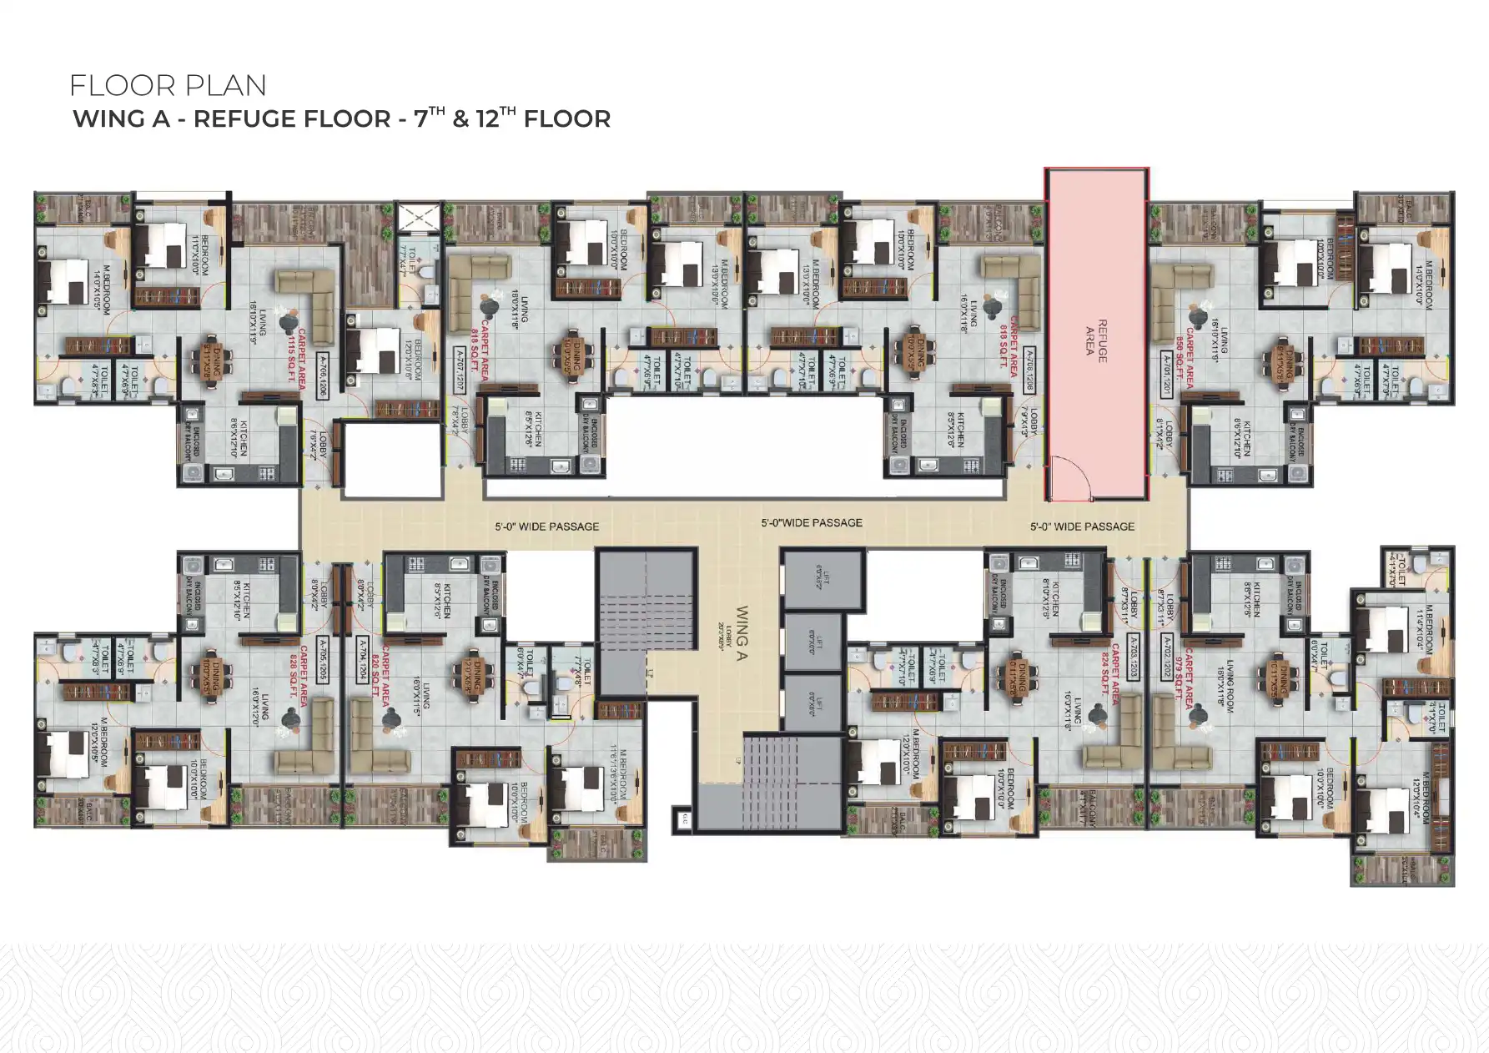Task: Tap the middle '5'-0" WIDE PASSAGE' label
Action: point(811,523)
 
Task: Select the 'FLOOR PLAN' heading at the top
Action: point(168,85)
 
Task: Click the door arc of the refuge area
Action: point(1069,481)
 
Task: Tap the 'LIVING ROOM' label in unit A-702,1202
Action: point(1225,684)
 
